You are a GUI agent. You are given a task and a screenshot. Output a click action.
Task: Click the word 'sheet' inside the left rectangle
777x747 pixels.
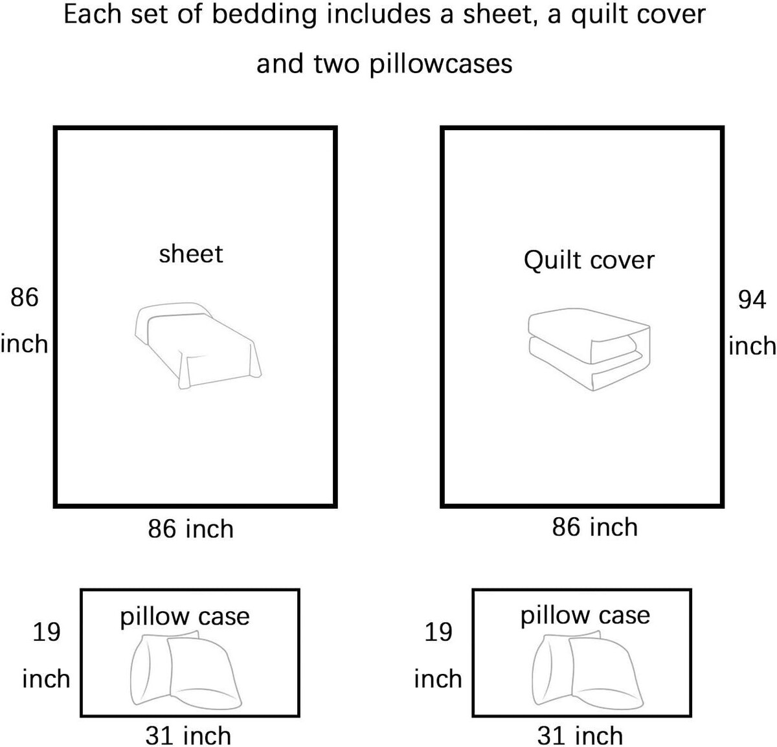tap(191, 254)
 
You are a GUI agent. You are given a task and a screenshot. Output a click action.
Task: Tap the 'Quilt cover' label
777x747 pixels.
tap(589, 261)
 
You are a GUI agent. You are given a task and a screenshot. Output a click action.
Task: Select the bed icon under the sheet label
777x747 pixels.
tap(198, 346)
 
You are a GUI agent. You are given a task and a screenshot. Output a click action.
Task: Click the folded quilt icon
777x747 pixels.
tap(589, 349)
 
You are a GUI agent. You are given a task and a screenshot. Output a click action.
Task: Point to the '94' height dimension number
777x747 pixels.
tap(752, 300)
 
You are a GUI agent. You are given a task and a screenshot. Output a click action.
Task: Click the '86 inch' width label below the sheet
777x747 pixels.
tap(191, 530)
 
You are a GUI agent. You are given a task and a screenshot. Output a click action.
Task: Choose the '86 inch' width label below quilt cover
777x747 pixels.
tap(595, 527)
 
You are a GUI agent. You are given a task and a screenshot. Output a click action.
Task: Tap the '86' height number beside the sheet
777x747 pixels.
tap(25, 298)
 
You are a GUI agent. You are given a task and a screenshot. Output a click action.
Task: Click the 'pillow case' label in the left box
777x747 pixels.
tap(185, 617)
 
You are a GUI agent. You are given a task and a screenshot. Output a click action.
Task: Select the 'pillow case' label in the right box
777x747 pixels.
tap(585, 616)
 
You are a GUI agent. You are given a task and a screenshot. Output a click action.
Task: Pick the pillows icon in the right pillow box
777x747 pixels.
tap(588, 669)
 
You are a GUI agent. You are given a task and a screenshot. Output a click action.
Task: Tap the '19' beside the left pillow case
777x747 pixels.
tap(47, 632)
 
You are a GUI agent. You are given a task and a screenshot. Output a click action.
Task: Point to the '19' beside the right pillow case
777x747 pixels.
tap(438, 632)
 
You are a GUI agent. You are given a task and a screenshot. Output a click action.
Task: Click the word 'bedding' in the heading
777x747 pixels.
tap(264, 14)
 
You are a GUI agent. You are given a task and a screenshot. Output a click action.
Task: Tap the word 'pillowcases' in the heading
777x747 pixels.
tap(441, 64)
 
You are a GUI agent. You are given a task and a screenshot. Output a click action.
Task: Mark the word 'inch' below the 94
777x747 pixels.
tap(752, 346)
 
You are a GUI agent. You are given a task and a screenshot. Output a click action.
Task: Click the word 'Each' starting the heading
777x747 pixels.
tap(93, 15)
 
